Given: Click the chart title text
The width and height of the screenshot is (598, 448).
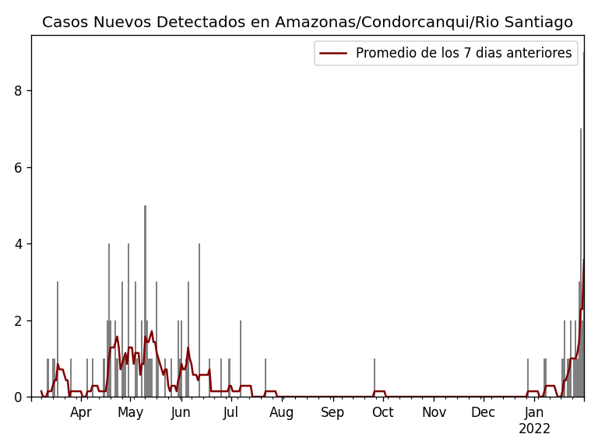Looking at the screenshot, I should point(308,23).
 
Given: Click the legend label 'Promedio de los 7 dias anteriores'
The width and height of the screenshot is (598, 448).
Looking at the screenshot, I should point(463,53).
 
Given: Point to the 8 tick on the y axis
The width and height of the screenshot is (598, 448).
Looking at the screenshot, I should point(18,91).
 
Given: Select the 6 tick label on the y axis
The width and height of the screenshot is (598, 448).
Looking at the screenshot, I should point(18,167).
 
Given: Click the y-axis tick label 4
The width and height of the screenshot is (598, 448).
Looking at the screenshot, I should point(18,244).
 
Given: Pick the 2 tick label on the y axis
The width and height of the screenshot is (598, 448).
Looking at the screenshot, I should point(18,320).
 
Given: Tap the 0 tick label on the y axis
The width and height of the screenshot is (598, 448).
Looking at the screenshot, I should point(18,397).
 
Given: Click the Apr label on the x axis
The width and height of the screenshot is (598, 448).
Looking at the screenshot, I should point(81,413).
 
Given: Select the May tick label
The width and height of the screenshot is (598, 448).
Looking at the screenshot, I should point(130,413).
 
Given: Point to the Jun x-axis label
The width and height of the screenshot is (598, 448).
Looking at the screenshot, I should point(181,413).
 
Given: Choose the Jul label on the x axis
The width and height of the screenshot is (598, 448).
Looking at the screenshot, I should point(230,413).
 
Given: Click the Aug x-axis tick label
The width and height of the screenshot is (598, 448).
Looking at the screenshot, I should point(282,413).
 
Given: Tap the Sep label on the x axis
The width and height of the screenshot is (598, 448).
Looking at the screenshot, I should point(332,413).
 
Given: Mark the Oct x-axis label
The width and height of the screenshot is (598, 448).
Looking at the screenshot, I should point(382,413).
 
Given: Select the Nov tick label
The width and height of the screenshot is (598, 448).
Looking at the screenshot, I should point(434,413).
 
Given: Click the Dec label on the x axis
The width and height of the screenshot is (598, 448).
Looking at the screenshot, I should point(483,413).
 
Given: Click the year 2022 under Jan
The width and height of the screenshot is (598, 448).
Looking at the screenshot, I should point(534,429).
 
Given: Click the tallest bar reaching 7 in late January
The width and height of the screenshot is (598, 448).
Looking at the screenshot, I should point(580,264).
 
